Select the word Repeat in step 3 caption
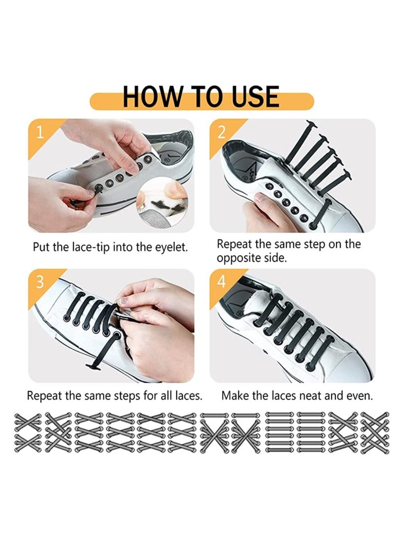pyautogui.click(x=44, y=397)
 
